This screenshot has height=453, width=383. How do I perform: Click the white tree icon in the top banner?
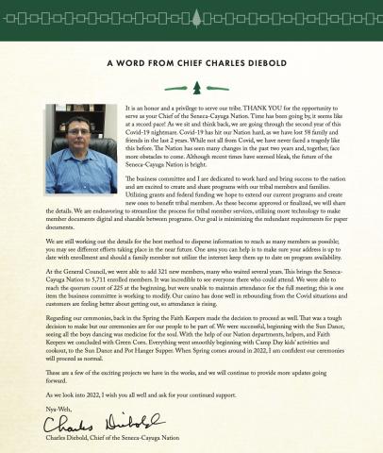point(191,16)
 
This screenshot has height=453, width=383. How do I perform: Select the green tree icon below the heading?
point(191,88)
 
